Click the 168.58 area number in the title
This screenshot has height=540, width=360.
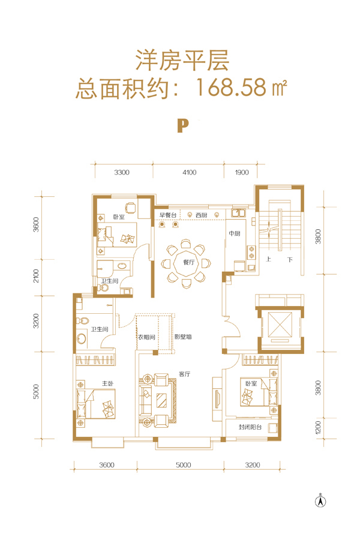[x=231, y=87]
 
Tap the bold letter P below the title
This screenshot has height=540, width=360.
[x=183, y=126]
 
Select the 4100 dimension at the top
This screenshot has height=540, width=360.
[x=189, y=172]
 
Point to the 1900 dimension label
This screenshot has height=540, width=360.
[x=242, y=172]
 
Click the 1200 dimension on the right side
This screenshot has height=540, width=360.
[x=318, y=427]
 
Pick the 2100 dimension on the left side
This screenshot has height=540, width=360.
[x=36, y=276]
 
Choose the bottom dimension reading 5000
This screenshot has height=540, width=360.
[x=183, y=465]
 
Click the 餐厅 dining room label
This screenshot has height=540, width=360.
[x=189, y=262]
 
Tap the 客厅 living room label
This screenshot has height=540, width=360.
[x=185, y=374]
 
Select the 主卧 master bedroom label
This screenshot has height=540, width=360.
[x=107, y=383]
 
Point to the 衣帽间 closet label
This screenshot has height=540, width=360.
[x=146, y=337]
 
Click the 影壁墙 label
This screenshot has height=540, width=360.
[x=183, y=337]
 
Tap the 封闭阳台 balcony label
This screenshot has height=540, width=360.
[x=250, y=427]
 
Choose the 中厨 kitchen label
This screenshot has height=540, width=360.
[x=235, y=233]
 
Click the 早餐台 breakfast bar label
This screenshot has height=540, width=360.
[x=168, y=215]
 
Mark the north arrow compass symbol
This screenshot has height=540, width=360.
[x=321, y=501]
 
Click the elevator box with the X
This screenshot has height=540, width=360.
[x=280, y=325]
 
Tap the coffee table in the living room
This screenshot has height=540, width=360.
[x=161, y=401]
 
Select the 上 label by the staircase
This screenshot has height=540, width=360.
[x=269, y=259]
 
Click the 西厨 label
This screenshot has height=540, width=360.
[x=202, y=215]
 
